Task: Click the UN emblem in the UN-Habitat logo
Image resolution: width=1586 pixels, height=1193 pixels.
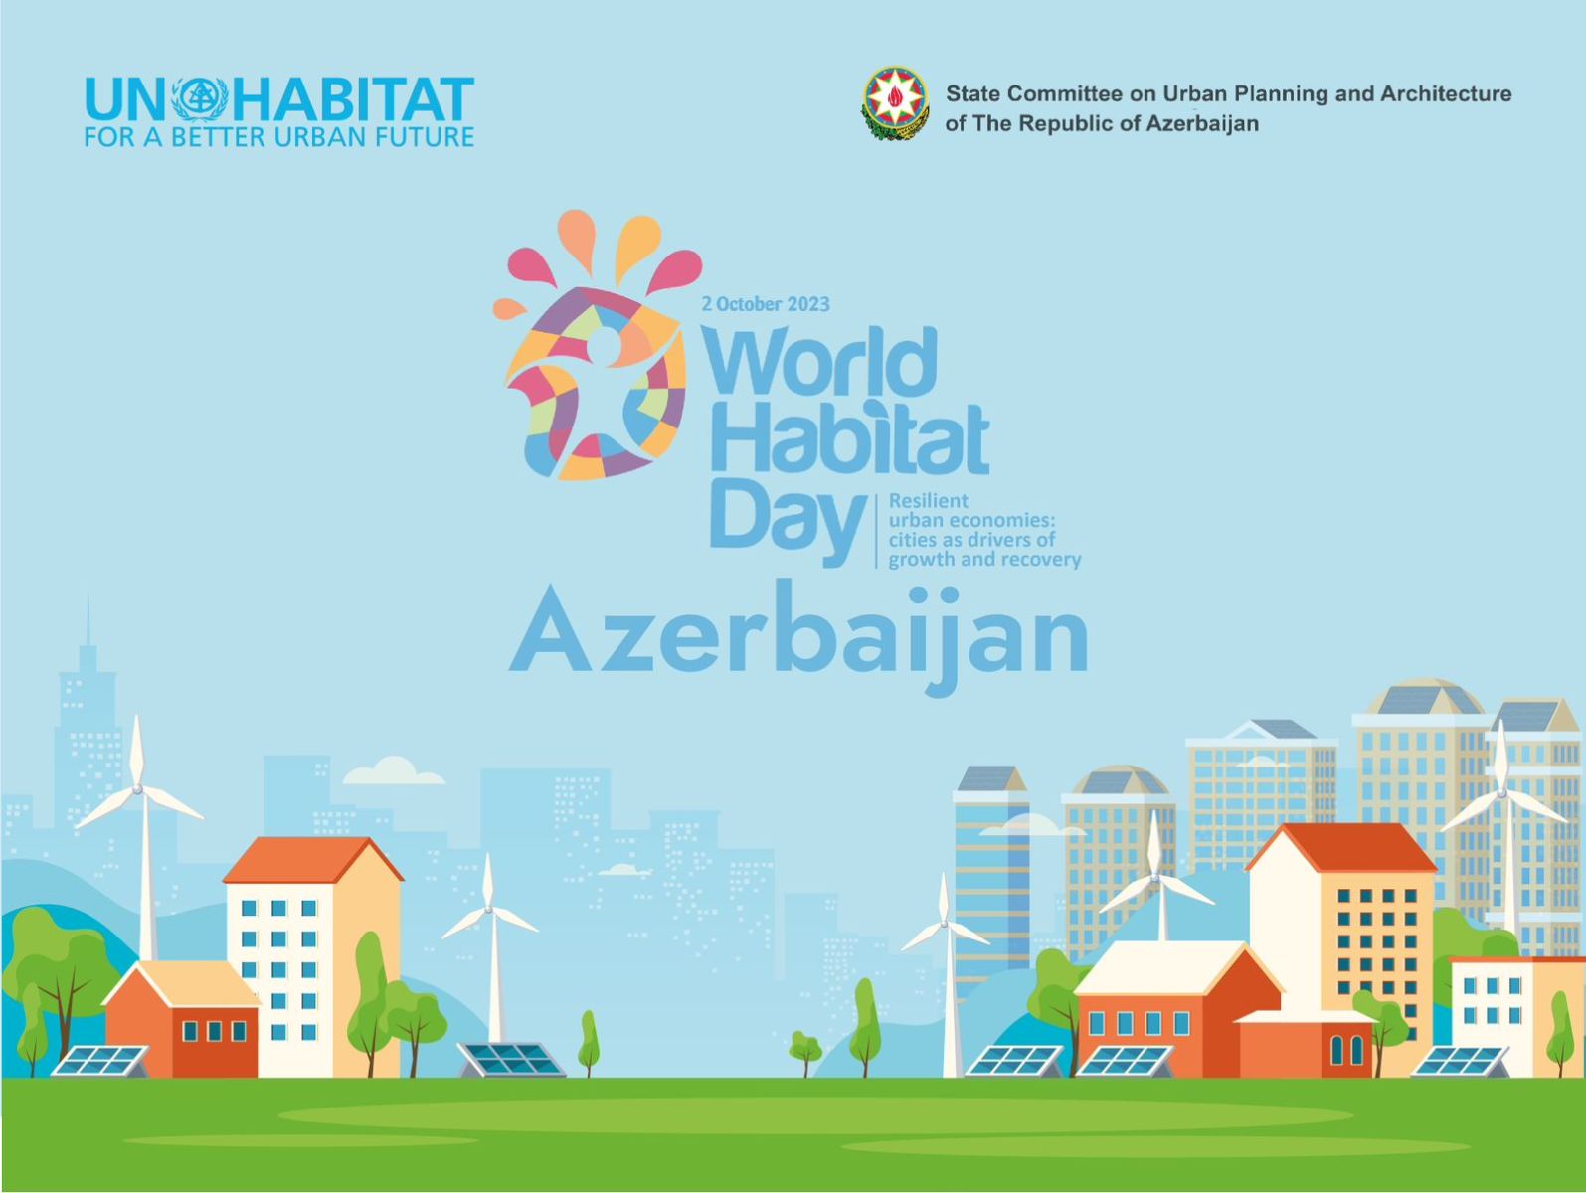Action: pos(200,99)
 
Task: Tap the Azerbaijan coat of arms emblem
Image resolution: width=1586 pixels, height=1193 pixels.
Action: pos(895,103)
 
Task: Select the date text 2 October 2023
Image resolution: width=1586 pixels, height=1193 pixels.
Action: pos(766,304)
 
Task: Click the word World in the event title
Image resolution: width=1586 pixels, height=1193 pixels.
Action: pos(819,360)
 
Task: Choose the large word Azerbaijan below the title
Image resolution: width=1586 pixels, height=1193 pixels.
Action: pos(798,636)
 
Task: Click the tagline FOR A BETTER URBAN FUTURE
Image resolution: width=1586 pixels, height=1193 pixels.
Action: pos(278,137)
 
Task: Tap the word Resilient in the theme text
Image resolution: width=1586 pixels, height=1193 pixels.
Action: pos(929,500)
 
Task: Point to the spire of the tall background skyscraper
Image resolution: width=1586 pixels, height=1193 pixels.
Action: pos(88,619)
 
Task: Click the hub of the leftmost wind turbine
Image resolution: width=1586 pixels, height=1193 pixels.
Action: pos(137,789)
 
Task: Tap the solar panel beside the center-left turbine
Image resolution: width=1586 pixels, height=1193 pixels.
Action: pos(511,1060)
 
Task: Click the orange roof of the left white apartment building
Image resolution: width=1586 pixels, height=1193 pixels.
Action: pos(312,859)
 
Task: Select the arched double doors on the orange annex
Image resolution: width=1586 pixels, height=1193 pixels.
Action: pos(1346,1050)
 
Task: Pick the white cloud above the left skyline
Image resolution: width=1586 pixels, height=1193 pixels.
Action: pos(393,770)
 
